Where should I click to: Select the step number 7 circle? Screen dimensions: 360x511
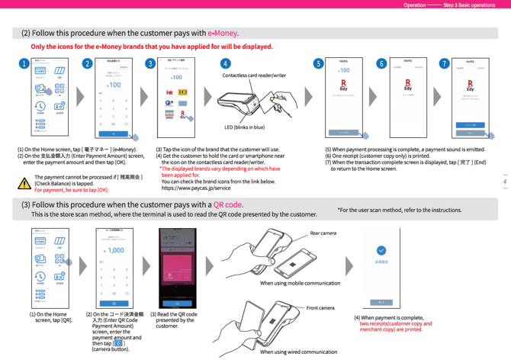pyautogui.click(x=444, y=64)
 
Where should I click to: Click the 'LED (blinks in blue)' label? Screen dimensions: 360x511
pyautogui.click(x=244, y=127)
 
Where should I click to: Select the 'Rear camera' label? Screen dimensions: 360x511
pyautogui.click(x=323, y=233)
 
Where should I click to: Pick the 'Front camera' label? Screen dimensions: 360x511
pyautogui.click(x=321, y=307)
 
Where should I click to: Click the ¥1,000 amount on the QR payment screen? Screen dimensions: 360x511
pyautogui.click(x=115, y=250)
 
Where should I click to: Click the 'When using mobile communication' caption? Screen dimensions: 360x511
pyautogui.click(x=300, y=282)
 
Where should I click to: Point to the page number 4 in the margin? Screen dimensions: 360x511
pyautogui.click(x=504, y=182)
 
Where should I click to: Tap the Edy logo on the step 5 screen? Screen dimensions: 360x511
pyautogui.click(x=343, y=85)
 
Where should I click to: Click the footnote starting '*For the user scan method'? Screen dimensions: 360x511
pyautogui.click(x=400, y=209)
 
